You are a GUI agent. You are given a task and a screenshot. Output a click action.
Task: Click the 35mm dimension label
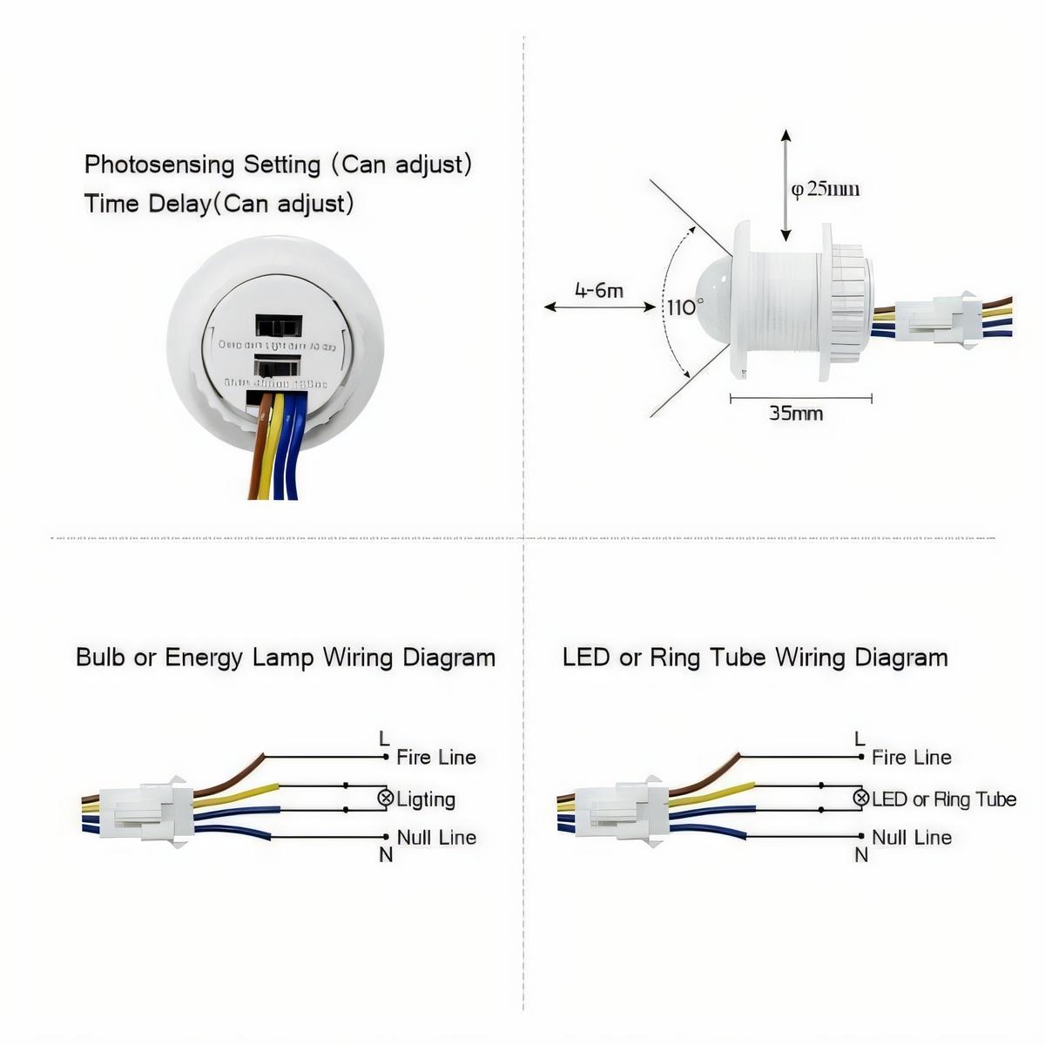click(x=795, y=413)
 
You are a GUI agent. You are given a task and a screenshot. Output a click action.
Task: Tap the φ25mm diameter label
click(x=825, y=189)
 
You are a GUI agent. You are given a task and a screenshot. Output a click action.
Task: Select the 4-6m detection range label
click(x=598, y=290)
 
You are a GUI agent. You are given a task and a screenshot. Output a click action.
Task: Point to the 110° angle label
click(x=684, y=307)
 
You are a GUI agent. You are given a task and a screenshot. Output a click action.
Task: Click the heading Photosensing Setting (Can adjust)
click(x=278, y=164)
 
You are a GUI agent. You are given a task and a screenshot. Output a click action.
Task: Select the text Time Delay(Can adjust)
click(x=219, y=204)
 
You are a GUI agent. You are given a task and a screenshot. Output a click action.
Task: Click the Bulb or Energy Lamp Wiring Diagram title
click(x=286, y=657)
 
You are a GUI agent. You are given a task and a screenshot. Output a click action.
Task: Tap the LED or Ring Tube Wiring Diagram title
click(x=754, y=657)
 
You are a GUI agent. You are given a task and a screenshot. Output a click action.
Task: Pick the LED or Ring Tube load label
click(x=944, y=799)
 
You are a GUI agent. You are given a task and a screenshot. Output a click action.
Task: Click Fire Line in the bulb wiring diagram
click(x=435, y=757)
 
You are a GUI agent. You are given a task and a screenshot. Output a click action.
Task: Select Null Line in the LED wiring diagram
click(x=911, y=837)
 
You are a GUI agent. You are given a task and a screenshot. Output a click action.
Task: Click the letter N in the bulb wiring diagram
click(x=386, y=855)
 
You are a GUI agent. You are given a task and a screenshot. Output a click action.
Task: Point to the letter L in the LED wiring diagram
click(x=860, y=738)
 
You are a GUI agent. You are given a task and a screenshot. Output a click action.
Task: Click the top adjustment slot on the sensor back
click(x=279, y=327)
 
